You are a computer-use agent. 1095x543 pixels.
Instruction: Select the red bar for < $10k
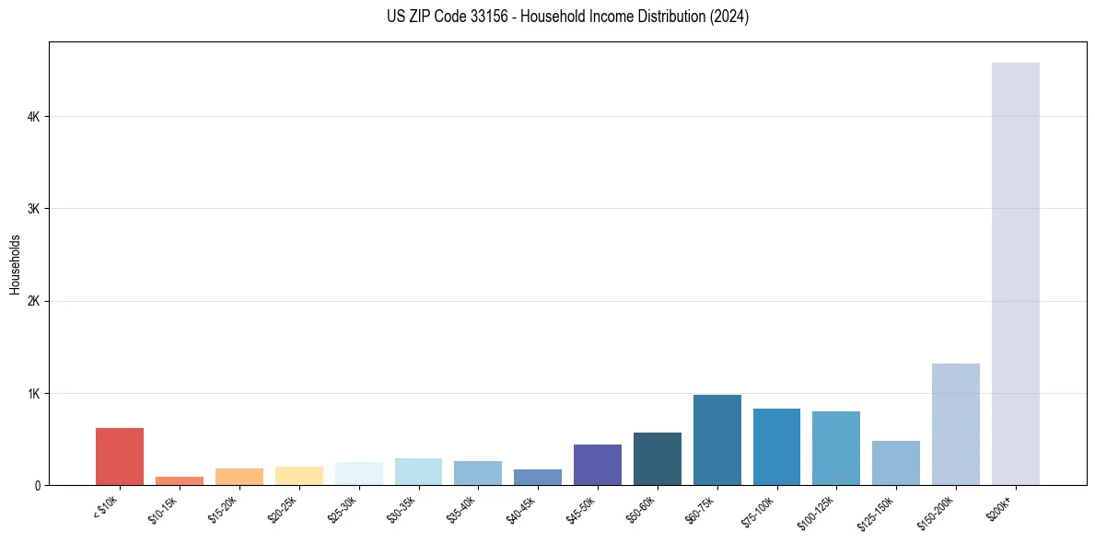(120, 456)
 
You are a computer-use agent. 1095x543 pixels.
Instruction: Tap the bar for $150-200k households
(955, 424)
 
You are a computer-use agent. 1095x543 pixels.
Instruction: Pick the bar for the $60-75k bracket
(716, 440)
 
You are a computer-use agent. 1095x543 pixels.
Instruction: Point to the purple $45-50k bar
(597, 465)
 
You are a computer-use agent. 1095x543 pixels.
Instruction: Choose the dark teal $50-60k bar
(657, 458)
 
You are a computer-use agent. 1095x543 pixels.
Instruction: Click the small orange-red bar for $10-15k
(180, 480)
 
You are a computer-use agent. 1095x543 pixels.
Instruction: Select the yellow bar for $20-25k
(298, 476)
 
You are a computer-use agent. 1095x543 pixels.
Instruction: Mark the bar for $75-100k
(776, 446)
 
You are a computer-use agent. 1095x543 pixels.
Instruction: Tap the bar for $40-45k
(538, 477)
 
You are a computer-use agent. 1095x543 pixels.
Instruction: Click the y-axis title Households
(15, 264)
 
